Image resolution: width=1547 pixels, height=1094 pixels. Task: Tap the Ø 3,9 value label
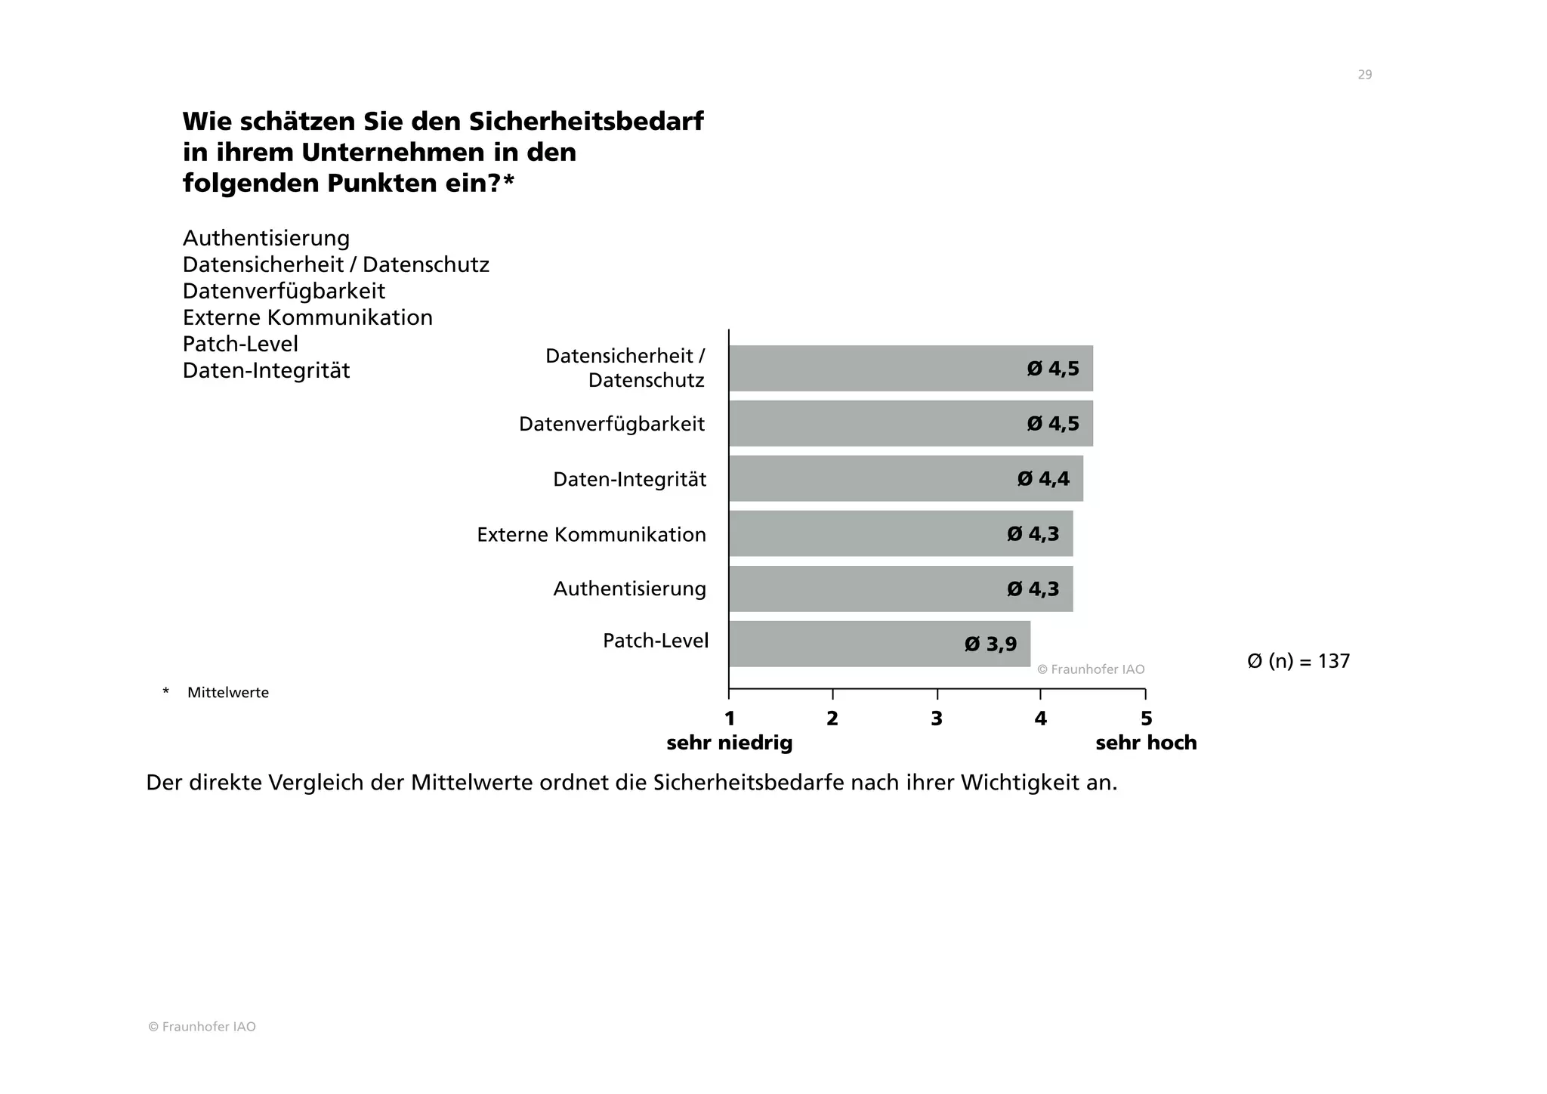coord(990,644)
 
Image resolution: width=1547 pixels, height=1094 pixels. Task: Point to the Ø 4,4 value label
coord(1043,478)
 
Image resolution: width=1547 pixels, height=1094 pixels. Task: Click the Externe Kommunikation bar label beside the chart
coord(591,534)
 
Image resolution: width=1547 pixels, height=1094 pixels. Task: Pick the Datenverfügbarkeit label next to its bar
coord(611,424)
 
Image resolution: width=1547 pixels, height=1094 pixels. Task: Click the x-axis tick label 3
coord(937,719)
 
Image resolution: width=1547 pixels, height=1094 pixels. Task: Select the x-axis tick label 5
coord(1146,719)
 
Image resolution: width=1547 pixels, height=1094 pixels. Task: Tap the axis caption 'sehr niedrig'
coord(729,743)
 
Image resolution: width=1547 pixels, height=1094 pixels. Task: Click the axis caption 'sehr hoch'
coord(1146,743)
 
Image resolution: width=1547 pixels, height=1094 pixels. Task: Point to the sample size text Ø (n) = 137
coord(1298,661)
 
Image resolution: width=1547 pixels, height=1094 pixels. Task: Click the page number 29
coord(1364,74)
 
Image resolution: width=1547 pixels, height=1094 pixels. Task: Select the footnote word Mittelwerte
coord(227,692)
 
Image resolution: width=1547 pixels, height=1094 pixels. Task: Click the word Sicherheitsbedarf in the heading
coord(586,121)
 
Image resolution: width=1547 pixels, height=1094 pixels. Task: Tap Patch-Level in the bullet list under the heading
coord(240,344)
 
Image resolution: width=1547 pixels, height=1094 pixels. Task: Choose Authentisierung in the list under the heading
coord(266,238)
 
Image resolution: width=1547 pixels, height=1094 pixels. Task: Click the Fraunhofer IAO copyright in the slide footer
coord(202,1027)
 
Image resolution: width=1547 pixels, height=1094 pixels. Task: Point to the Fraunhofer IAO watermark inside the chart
coord(1091,669)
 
